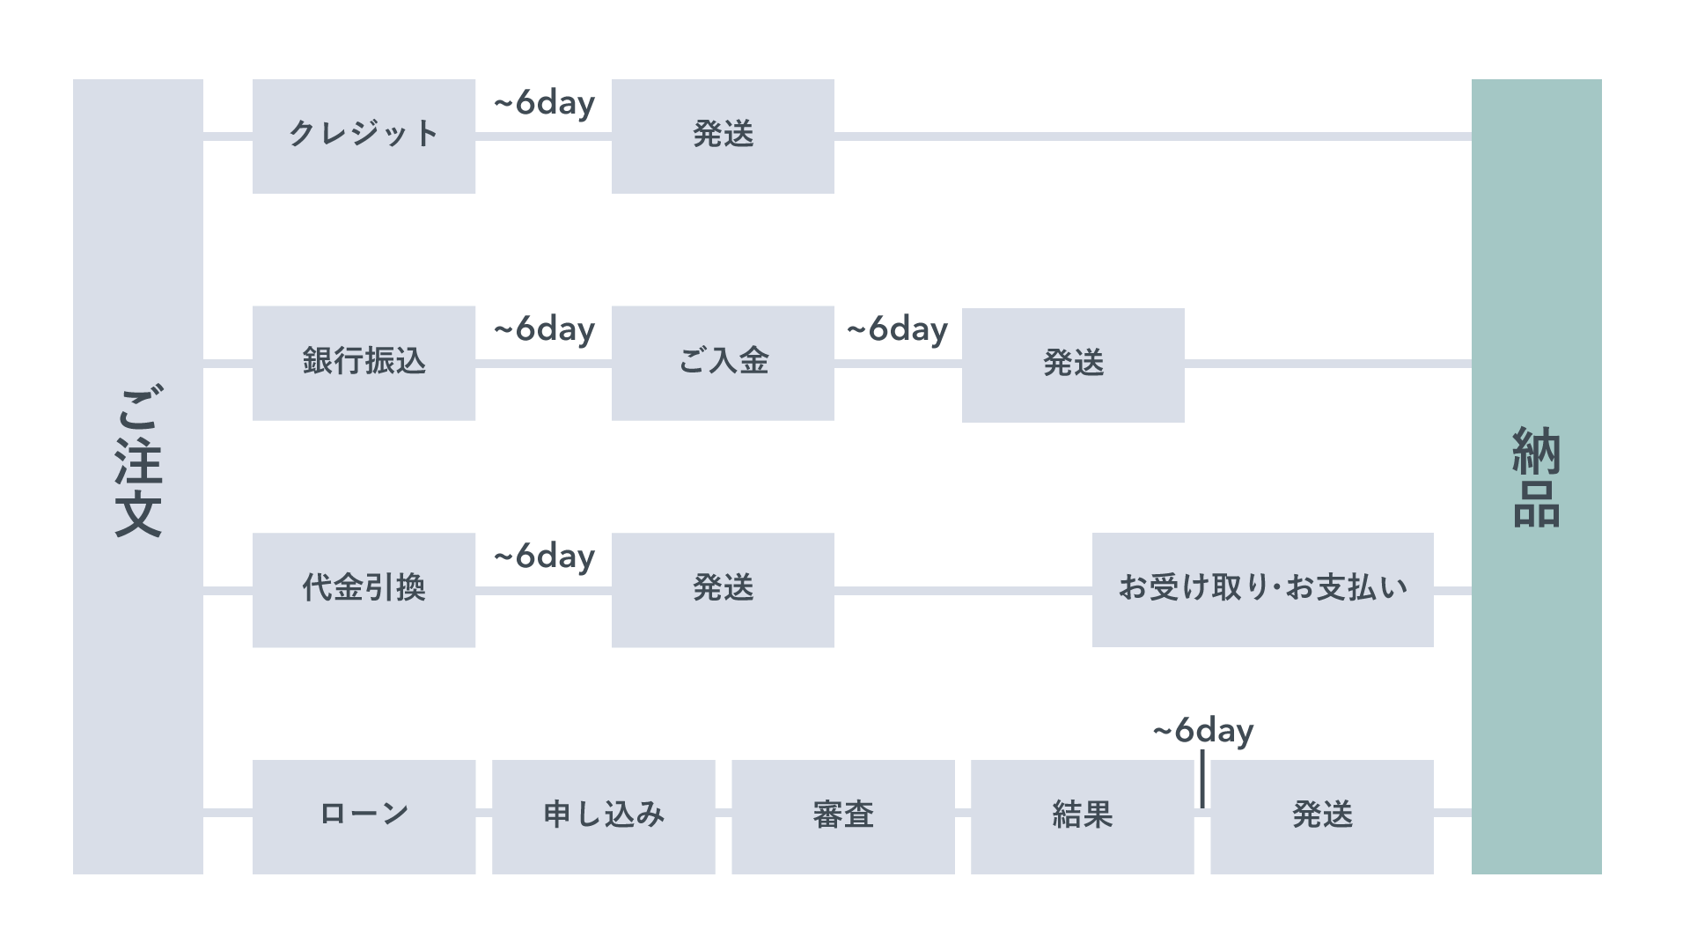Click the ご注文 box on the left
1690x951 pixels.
(x=138, y=476)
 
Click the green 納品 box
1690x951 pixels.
(x=1536, y=476)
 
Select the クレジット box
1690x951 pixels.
(x=364, y=136)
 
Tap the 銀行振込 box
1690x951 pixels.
(x=364, y=362)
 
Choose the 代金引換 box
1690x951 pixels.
(x=364, y=589)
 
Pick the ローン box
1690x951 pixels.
(x=364, y=816)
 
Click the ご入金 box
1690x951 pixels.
(x=723, y=362)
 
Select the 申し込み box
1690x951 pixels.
(x=603, y=816)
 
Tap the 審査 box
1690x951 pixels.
(x=842, y=816)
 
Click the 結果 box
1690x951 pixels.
(x=1082, y=816)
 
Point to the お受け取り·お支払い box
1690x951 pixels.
(x=1262, y=589)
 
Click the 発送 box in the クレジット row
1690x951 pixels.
(x=723, y=136)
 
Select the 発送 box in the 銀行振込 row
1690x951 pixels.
(x=1072, y=365)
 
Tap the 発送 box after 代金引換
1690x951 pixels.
(x=723, y=589)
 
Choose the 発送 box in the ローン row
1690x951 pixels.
(x=1321, y=816)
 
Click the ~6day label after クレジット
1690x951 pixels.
(x=544, y=104)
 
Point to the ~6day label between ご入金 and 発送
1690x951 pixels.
(x=897, y=330)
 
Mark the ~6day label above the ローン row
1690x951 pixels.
(x=1202, y=732)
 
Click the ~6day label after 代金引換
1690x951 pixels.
(x=544, y=557)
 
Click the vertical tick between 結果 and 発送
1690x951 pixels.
(x=1202, y=779)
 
